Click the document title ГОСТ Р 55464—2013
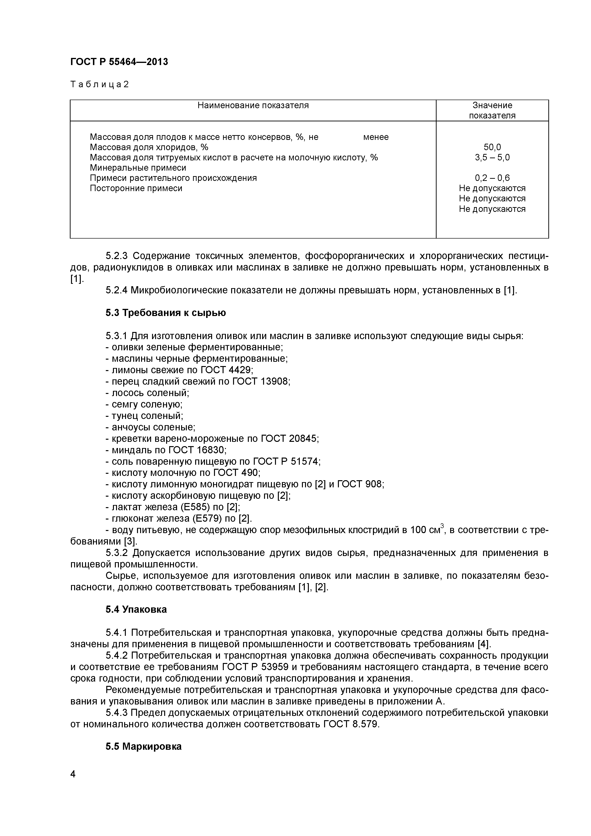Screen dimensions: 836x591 coord(119,62)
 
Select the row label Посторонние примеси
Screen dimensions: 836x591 coord(136,189)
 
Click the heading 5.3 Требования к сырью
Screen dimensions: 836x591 coord(166,313)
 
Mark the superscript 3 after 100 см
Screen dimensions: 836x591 coord(442,526)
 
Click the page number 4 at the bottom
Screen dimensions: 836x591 coord(73,784)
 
